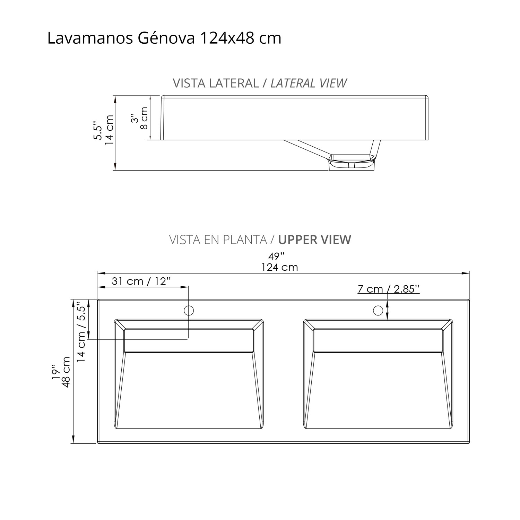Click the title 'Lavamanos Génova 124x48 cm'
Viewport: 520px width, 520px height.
(x=164, y=38)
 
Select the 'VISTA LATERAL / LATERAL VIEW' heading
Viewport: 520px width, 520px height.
(x=260, y=83)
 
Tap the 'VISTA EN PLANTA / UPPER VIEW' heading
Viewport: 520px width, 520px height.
(x=260, y=240)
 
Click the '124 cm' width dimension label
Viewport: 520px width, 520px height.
(x=280, y=267)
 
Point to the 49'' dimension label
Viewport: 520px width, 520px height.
(x=277, y=257)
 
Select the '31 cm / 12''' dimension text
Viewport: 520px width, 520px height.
(x=141, y=281)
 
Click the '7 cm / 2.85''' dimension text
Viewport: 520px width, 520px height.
(x=389, y=289)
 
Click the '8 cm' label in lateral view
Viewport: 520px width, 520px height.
(x=144, y=118)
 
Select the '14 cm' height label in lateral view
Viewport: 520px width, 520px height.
(x=109, y=130)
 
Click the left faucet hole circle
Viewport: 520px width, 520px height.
(x=189, y=310)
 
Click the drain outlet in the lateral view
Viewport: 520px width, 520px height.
(x=352, y=163)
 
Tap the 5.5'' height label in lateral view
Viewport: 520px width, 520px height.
(x=98, y=132)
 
